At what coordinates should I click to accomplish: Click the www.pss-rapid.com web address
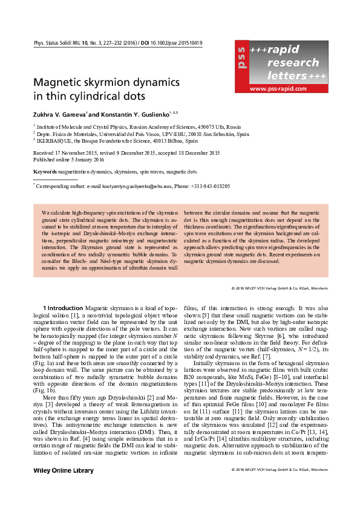[280, 88]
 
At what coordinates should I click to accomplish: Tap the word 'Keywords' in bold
[45, 172]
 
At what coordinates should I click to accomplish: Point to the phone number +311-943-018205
[209, 187]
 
